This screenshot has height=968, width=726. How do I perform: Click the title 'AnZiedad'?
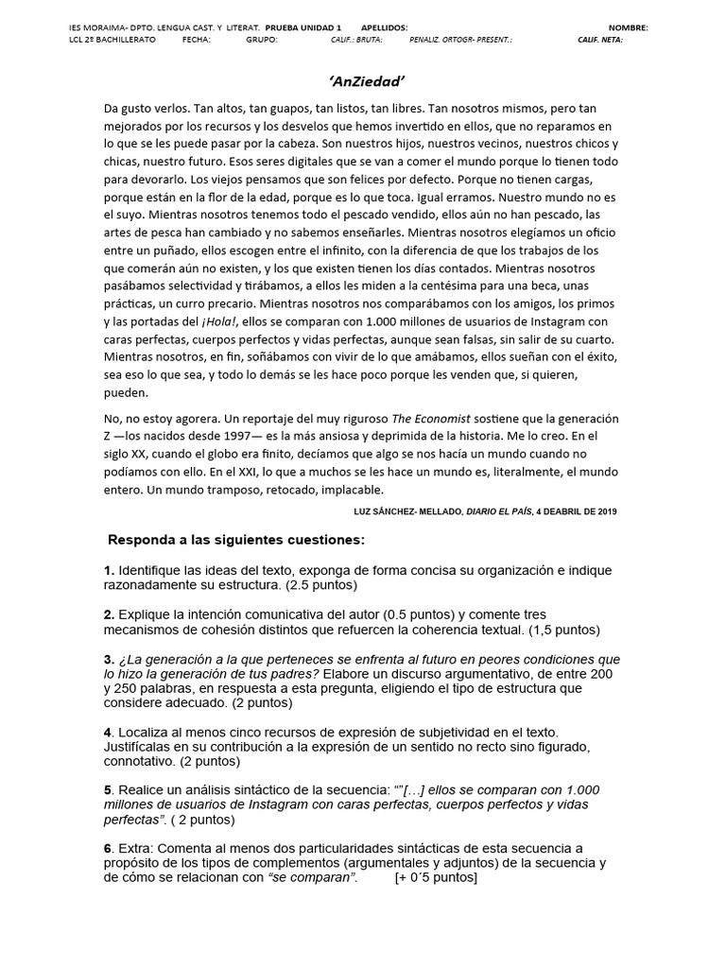tap(364, 82)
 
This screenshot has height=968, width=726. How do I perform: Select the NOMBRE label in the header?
tap(629, 28)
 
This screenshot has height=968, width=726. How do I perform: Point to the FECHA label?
tap(196, 41)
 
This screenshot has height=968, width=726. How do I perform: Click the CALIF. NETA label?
tap(600, 41)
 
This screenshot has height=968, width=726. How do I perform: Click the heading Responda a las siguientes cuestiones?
tap(236, 540)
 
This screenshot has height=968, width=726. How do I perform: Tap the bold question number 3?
tap(108, 659)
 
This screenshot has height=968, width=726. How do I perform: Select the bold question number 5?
tap(108, 789)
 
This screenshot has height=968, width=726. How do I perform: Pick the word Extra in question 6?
tap(138, 848)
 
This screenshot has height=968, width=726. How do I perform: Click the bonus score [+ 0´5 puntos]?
tap(436, 877)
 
